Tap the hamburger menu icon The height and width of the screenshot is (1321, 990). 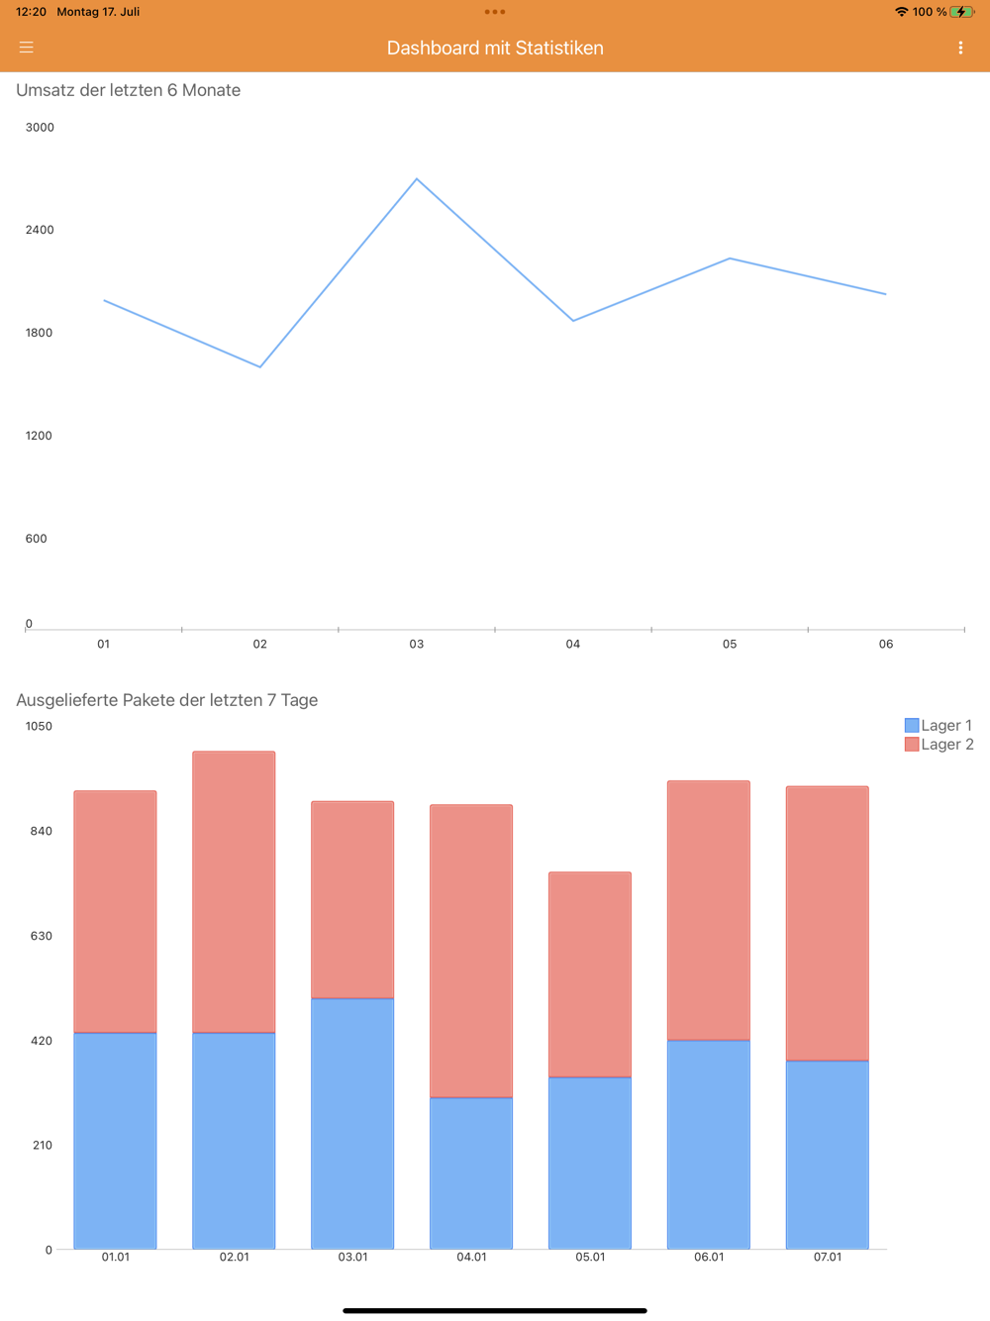click(27, 48)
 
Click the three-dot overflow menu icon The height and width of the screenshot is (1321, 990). click(960, 48)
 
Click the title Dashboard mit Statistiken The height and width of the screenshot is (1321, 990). click(495, 48)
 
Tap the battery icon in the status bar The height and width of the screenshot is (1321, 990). click(961, 12)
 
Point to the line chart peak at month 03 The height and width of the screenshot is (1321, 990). click(417, 179)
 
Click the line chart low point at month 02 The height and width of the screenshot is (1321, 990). click(260, 366)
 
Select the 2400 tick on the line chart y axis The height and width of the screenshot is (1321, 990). click(40, 230)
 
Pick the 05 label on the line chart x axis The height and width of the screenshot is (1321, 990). click(730, 644)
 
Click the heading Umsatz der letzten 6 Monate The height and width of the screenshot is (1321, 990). click(129, 90)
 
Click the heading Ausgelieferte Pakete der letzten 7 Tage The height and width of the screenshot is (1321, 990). click(167, 700)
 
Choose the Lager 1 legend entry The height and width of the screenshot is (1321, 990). click(939, 725)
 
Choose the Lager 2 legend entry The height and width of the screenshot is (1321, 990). click(939, 745)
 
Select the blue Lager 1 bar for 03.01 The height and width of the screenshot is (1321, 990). click(352, 1123)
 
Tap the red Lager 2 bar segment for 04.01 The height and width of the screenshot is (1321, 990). click(471, 951)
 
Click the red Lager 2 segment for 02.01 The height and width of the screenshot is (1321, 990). click(234, 891)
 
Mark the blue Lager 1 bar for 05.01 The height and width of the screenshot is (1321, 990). click(590, 1163)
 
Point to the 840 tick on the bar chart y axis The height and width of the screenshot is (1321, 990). click(41, 831)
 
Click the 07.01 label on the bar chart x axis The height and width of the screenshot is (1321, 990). click(828, 1257)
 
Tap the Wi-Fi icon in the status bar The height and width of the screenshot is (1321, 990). click(901, 12)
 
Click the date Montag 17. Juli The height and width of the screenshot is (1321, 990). click(98, 12)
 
